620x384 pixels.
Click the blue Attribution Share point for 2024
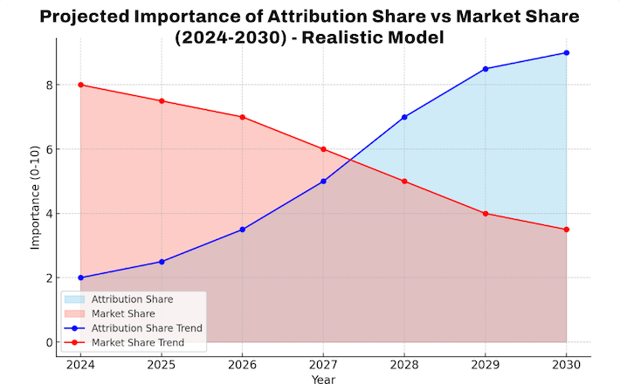[80, 278]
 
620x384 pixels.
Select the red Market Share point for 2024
[80, 85]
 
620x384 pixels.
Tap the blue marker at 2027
[323, 182]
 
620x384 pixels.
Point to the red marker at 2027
[323, 149]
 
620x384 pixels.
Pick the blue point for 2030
[567, 52]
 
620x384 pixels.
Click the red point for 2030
[567, 230]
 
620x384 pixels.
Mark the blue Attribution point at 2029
[486, 69]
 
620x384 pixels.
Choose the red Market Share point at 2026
[242, 117]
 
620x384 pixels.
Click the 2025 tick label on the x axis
[162, 364]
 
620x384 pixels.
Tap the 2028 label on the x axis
[404, 364]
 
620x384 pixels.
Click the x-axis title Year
[323, 378]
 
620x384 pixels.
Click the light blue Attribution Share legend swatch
[75, 299]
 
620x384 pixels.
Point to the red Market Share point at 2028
[404, 182]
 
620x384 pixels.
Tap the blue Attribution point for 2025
[162, 262]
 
